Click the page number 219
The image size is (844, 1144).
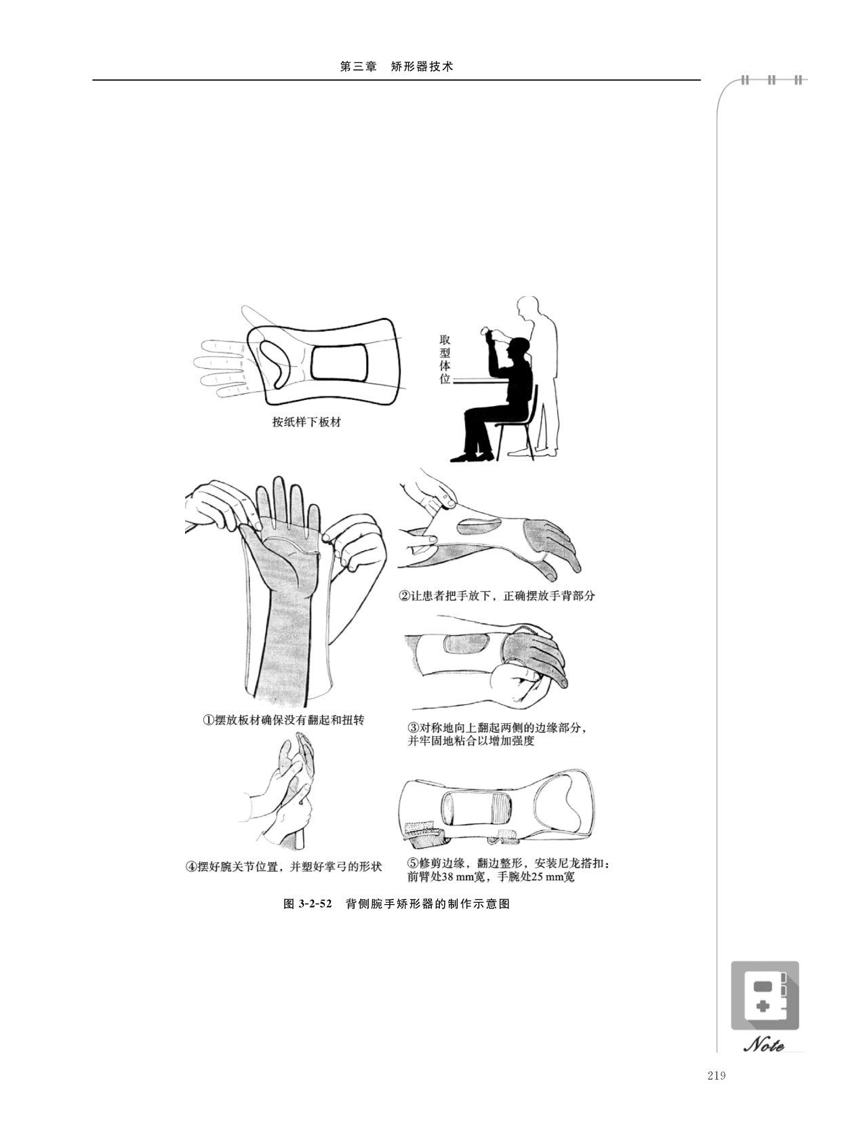pos(717,1075)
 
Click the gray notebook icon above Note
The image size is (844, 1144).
pos(765,996)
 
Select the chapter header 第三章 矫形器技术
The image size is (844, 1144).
pos(397,66)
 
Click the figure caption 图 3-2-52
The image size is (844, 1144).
pos(308,903)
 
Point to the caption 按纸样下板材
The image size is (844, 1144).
pos(306,422)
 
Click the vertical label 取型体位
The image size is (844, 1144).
pos(445,359)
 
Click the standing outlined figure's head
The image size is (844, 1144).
pos(528,308)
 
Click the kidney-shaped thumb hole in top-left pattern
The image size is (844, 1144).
pos(276,363)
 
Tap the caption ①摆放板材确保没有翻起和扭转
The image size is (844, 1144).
pos(283,720)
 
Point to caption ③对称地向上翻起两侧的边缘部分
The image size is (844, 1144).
pos(496,727)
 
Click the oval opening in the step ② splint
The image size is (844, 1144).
pos(477,526)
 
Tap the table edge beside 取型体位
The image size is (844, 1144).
pos(478,379)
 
